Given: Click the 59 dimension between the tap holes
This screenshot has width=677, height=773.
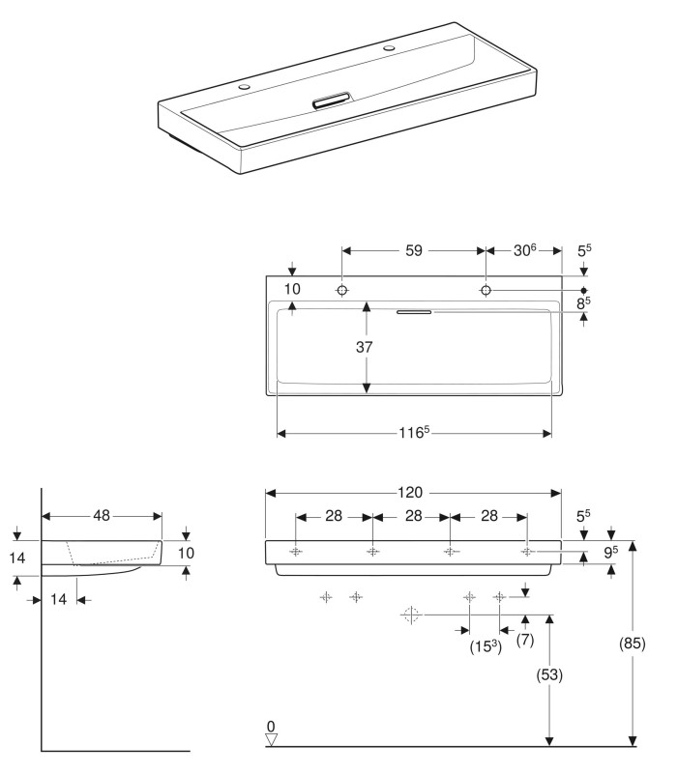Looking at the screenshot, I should click(x=413, y=250).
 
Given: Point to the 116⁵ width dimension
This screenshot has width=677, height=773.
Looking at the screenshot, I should click(x=415, y=433).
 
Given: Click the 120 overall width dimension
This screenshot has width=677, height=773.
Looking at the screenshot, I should click(x=413, y=492).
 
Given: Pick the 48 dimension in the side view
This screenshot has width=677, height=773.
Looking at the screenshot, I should click(x=102, y=515).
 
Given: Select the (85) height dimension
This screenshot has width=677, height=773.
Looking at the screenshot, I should click(x=633, y=643).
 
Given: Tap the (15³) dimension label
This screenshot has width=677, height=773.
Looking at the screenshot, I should click(x=485, y=645).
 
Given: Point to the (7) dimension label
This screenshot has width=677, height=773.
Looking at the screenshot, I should click(x=524, y=639).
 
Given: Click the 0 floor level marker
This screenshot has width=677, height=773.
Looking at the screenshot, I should click(x=272, y=726).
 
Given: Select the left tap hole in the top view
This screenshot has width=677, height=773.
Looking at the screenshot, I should click(x=342, y=291).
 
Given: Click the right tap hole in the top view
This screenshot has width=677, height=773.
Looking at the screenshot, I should click(x=486, y=291).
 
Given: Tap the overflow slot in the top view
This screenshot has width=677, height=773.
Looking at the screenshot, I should click(x=414, y=311).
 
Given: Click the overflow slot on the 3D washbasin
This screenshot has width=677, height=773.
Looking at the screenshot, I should click(x=331, y=100).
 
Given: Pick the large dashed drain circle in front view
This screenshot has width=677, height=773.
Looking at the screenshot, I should click(x=411, y=614).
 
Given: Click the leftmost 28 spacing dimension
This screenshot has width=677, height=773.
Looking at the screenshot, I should click(x=334, y=516).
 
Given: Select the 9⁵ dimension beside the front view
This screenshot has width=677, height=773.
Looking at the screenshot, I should click(x=612, y=554).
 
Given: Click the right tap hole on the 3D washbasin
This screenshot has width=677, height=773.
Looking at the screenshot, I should click(x=391, y=46).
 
